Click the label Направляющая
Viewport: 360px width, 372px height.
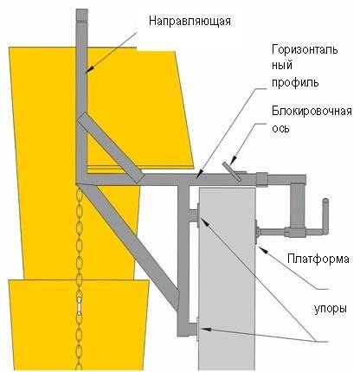[190, 22]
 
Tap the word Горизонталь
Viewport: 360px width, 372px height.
[305, 49]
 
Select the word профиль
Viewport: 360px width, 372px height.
[295, 83]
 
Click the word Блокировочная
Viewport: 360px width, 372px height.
[312, 112]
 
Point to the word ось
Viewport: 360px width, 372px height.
[280, 129]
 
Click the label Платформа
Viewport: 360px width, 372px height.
[318, 259]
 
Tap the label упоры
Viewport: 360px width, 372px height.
[330, 309]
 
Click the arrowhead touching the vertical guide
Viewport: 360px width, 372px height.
[89, 69]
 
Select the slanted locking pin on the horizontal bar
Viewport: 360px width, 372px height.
[232, 171]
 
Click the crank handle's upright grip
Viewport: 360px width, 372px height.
[325, 215]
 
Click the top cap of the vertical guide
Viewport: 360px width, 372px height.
[81, 15]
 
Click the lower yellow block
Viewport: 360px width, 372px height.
[78, 324]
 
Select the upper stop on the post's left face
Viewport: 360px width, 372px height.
[198, 215]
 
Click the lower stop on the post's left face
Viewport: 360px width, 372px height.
[198, 329]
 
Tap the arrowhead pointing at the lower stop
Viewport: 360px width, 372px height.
[205, 329]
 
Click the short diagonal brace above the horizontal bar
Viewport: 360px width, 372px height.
[110, 148]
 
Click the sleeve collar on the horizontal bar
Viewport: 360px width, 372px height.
[262, 179]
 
